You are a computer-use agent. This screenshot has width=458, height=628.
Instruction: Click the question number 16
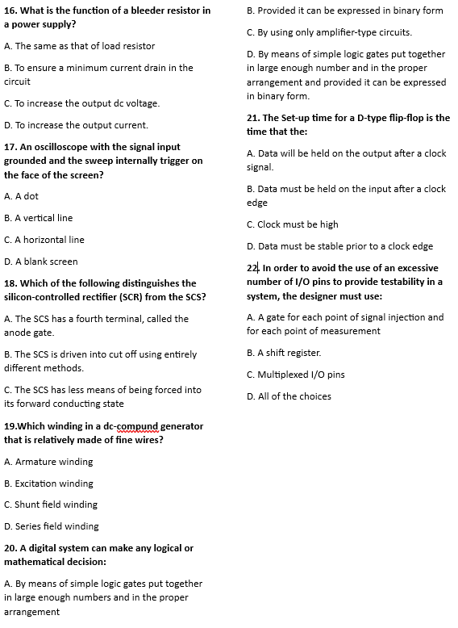10,10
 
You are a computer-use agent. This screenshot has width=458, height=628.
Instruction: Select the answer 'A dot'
22,196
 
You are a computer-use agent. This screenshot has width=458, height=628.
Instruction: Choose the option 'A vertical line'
39,218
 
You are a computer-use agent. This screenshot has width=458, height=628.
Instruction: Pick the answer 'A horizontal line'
44,240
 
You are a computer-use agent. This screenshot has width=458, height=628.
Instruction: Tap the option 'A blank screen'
41,262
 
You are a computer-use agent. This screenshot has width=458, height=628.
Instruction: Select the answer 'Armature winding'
48,462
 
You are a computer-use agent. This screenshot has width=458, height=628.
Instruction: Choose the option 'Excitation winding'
48,484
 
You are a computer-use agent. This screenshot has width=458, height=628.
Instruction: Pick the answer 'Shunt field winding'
51,504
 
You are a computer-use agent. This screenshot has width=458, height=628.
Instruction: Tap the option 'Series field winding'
52,526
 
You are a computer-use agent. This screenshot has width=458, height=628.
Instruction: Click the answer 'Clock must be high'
293,224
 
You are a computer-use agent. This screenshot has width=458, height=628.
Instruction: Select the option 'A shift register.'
284,353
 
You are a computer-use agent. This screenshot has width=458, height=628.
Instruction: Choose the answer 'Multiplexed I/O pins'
296,375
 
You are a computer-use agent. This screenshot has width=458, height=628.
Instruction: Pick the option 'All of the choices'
289,396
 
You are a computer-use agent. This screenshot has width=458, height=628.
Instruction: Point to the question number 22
252,268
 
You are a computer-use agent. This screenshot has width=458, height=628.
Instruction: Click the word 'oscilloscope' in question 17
56,147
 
